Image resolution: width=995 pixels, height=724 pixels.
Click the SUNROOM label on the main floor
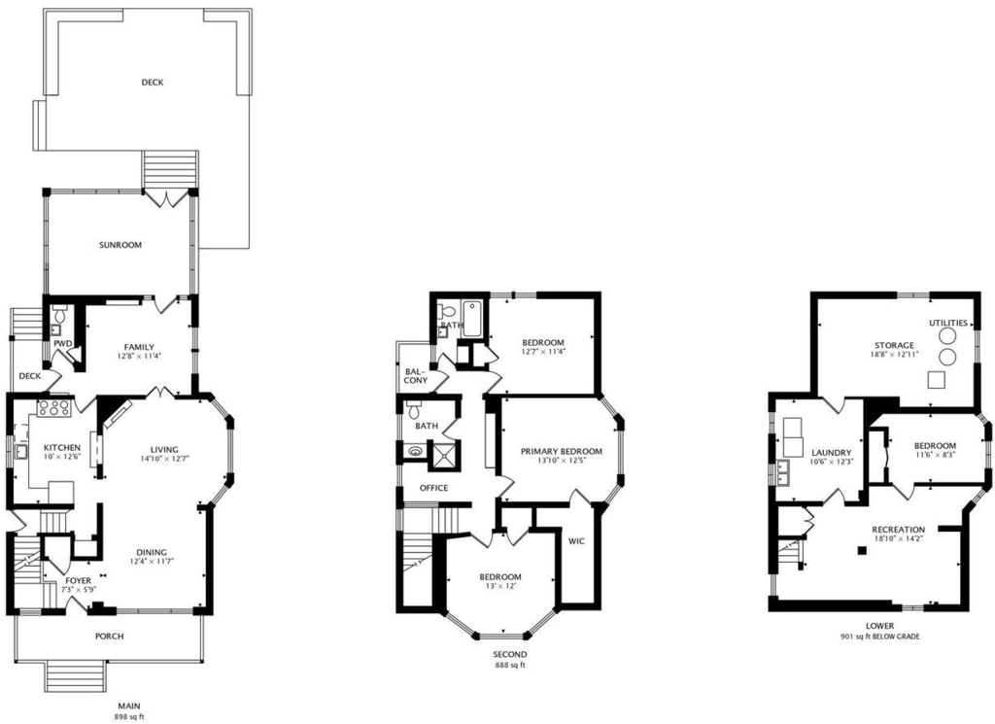coord(120,245)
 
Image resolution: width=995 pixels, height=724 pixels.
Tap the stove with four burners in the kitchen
coord(53,408)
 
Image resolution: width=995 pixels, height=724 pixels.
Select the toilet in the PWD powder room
coord(59,314)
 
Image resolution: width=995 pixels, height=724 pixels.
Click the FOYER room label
coord(79,580)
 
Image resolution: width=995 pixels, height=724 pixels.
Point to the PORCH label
coord(109,637)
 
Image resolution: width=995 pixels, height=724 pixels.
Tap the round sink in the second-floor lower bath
coord(415,453)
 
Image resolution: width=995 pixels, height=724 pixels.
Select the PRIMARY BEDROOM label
coord(561,451)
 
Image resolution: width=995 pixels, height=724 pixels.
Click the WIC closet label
coord(576,541)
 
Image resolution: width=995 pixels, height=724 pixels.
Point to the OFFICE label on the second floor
coord(434,488)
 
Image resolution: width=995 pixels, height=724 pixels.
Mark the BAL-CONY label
coord(416,376)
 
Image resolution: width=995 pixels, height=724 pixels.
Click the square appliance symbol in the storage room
coord(936,380)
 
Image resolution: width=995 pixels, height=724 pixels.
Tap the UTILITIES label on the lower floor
coord(948,323)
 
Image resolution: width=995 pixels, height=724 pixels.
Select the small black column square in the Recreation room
coord(861,551)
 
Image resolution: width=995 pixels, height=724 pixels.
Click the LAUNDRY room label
coord(832,453)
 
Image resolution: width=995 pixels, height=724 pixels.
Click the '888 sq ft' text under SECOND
coord(510,666)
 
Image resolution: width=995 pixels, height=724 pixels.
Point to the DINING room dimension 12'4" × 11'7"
coord(152,561)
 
